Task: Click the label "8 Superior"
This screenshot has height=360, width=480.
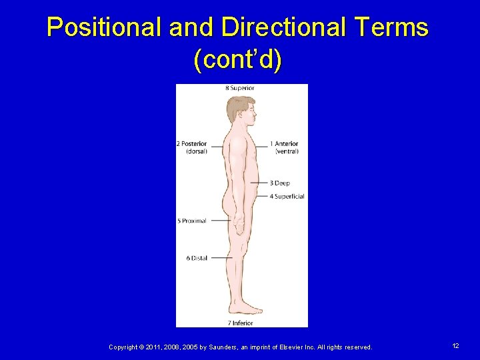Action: pyautogui.click(x=239, y=88)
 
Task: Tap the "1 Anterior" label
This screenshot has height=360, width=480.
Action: pyautogui.click(x=284, y=143)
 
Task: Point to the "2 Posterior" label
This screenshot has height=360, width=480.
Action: pyautogui.click(x=191, y=143)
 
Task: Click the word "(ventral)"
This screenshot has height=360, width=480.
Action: pyautogui.click(x=287, y=151)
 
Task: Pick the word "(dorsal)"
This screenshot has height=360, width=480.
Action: pyautogui.click(x=196, y=151)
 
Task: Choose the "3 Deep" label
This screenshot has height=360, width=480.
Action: pyautogui.click(x=280, y=183)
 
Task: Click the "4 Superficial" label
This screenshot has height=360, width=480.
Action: pyautogui.click(x=287, y=196)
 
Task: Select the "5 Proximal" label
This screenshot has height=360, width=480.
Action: pyautogui.click(x=192, y=221)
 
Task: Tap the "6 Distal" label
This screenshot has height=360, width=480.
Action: pyautogui.click(x=197, y=258)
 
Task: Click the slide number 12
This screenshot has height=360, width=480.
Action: pyautogui.click(x=455, y=346)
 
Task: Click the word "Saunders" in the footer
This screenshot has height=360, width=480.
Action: pyautogui.click(x=201, y=347)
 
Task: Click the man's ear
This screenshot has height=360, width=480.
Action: pyautogui.click(x=239, y=111)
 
